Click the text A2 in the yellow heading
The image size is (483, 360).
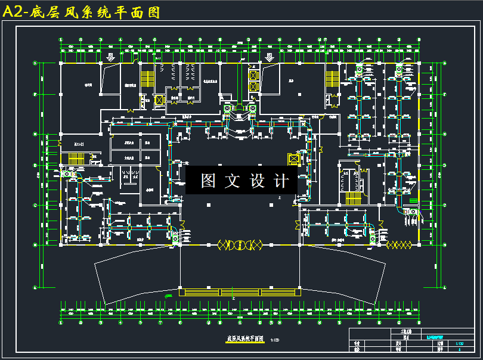13,13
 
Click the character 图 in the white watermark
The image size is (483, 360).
208,181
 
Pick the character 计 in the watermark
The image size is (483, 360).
281,181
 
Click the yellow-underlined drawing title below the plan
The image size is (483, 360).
244,338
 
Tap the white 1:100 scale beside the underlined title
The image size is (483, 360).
275,340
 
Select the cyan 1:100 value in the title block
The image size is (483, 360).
459,344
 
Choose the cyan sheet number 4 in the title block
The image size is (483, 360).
459,350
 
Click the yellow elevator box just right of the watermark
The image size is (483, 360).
293,159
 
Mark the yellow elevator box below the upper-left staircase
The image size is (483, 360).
159,100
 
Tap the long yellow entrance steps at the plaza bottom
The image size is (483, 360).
239,292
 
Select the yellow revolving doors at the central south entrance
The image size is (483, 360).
240,244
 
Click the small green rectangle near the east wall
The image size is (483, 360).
414,201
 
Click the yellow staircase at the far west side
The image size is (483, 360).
75,159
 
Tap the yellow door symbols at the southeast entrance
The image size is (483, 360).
398,245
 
